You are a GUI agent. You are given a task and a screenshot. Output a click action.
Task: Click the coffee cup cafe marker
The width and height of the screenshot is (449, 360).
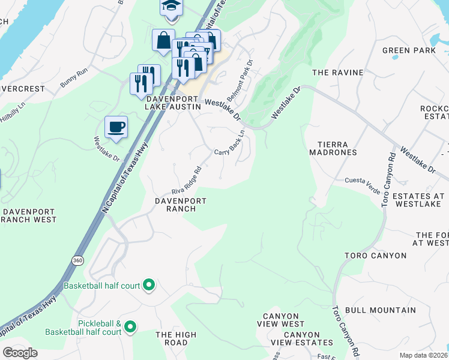point(116,127)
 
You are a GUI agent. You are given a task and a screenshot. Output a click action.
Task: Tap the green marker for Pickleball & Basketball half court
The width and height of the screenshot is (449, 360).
point(130,327)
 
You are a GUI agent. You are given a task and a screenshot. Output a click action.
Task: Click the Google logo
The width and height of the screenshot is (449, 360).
point(20,353)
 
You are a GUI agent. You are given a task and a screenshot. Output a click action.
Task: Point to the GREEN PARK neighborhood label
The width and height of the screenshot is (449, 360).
point(409,50)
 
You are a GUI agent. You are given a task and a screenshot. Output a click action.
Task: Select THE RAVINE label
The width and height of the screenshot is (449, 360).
point(338,73)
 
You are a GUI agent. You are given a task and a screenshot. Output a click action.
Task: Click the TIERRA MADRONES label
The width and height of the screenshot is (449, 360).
point(333,148)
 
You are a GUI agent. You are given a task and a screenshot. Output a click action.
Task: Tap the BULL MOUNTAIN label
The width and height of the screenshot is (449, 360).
point(381,310)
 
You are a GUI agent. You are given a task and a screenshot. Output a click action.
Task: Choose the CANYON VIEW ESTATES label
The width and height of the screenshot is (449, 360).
point(295,338)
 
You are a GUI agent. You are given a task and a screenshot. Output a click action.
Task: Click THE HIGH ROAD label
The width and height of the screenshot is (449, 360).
point(176,338)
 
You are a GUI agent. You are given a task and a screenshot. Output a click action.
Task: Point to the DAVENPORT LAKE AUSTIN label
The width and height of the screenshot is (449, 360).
point(173,102)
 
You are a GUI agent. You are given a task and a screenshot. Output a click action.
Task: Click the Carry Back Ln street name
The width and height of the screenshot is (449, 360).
point(230,143)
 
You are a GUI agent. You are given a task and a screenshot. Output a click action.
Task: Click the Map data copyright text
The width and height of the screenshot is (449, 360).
point(423,355)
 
